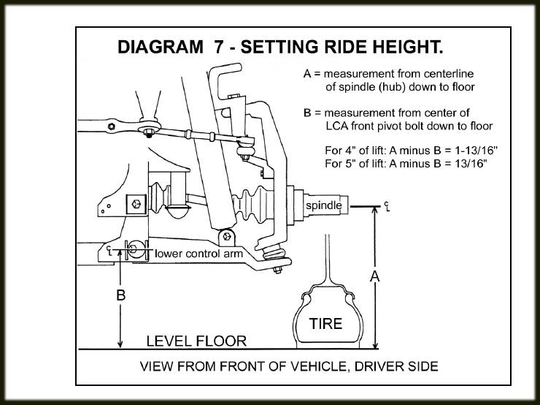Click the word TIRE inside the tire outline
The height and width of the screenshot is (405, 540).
[x=325, y=323]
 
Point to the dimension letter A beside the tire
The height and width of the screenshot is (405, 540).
[x=375, y=276]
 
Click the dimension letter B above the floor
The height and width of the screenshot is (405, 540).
[x=121, y=296]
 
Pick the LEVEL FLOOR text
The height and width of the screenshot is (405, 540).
[x=196, y=341]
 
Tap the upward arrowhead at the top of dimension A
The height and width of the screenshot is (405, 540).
[x=375, y=212]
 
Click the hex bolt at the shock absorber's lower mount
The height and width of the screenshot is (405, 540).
[x=228, y=236]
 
